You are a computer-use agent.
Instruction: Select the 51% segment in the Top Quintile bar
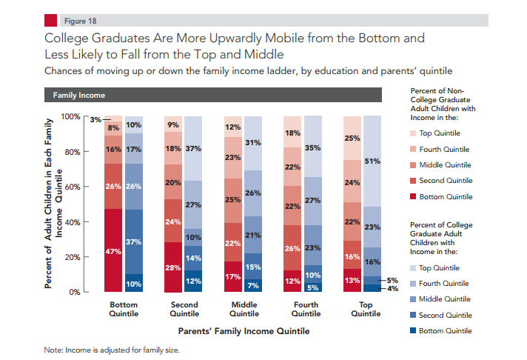pos(372,161)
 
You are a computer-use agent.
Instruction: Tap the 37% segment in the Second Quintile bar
pos(193,148)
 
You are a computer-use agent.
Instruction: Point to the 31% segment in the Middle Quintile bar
pos(252,143)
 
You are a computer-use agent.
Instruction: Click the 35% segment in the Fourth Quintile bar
pos(312,147)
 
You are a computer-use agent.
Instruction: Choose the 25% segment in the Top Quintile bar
pos(352,138)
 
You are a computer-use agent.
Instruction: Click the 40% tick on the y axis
pos(73,222)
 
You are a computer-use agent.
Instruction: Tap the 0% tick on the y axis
pos(75,292)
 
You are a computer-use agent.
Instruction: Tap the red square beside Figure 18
pos(52,20)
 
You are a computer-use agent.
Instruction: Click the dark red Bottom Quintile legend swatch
pos(413,197)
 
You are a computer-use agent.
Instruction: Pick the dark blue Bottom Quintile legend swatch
pos(413,330)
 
